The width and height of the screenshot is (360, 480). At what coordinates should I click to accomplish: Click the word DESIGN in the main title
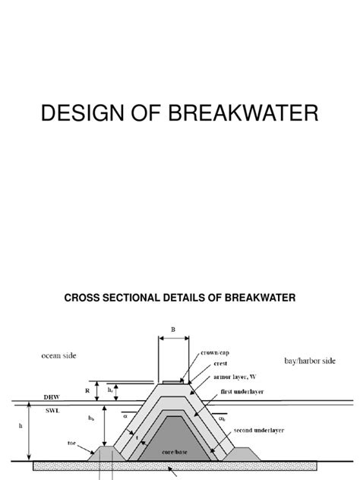click(x=74, y=115)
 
